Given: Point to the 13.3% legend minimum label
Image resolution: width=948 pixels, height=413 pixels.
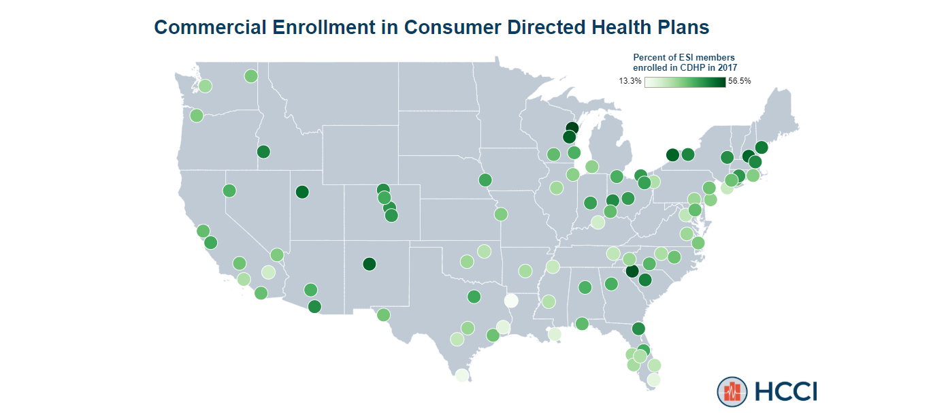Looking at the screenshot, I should (630, 81).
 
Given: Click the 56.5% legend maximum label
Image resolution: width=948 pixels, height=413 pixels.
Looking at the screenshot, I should (740, 81).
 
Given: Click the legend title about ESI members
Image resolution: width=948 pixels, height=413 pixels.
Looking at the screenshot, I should (685, 63).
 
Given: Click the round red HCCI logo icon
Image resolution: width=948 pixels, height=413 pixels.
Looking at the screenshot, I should (732, 391).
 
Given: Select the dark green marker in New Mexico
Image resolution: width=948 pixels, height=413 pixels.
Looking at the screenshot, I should (369, 263).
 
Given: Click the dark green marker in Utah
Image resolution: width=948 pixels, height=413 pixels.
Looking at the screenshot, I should (302, 192).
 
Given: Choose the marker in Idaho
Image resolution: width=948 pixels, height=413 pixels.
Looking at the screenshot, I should (263, 152).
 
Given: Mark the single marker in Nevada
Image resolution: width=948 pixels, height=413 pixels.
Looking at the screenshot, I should (229, 191).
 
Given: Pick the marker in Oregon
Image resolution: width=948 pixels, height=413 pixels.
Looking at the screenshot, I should (197, 116).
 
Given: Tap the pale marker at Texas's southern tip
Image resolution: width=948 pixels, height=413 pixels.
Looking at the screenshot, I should (461, 375).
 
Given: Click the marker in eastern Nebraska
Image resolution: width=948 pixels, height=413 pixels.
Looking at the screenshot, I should (485, 180).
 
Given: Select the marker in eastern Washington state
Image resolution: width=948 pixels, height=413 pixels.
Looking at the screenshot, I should (250, 76).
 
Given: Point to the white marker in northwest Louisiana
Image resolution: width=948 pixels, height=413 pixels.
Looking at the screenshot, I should (510, 301).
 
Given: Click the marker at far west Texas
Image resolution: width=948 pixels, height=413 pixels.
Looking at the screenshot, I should (383, 315).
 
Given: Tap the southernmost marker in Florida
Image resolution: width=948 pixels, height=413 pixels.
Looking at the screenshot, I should (653, 380).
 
